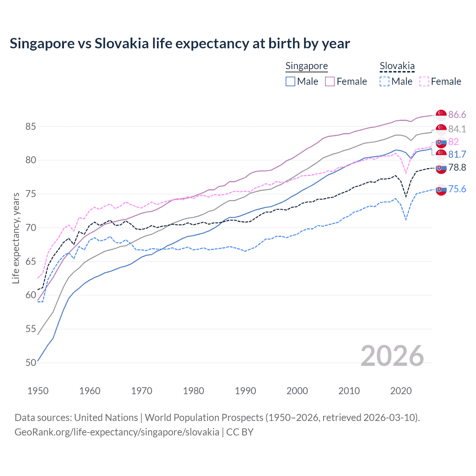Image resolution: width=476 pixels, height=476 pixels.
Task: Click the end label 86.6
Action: coord(457,115)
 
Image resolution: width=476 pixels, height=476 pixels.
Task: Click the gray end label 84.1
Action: coord(457,129)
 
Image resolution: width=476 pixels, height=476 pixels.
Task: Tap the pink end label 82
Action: coord(453,142)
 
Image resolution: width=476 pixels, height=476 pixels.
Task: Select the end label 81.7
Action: coord(457,154)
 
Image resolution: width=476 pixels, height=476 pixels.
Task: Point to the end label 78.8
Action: coord(457,167)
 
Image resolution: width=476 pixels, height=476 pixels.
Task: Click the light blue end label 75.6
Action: coord(457,189)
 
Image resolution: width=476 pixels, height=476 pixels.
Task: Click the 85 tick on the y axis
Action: coord(30,127)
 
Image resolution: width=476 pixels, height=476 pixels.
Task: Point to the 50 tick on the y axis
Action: coord(30,363)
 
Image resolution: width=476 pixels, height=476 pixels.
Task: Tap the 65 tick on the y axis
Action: coord(30,261)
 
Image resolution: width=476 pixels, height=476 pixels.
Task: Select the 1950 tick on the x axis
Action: coord(38,391)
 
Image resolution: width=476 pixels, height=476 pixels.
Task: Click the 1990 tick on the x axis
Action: coord(245,391)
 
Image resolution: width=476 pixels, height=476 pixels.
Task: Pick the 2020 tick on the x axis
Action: coord(401,391)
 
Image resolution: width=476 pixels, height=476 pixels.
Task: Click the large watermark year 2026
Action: coord(392,356)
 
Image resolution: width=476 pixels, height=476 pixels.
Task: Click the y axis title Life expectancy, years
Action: coord(16,238)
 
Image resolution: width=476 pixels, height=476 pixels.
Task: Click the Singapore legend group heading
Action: coord(306,66)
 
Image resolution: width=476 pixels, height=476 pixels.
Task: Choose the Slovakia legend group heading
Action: coord(397,66)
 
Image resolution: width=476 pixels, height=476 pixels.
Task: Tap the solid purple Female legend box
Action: coord(330,81)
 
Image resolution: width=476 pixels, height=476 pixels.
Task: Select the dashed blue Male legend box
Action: coord(385,81)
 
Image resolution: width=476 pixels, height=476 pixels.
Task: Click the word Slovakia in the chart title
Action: coord(121,44)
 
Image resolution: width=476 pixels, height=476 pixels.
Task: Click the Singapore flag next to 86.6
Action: coord(441,115)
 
